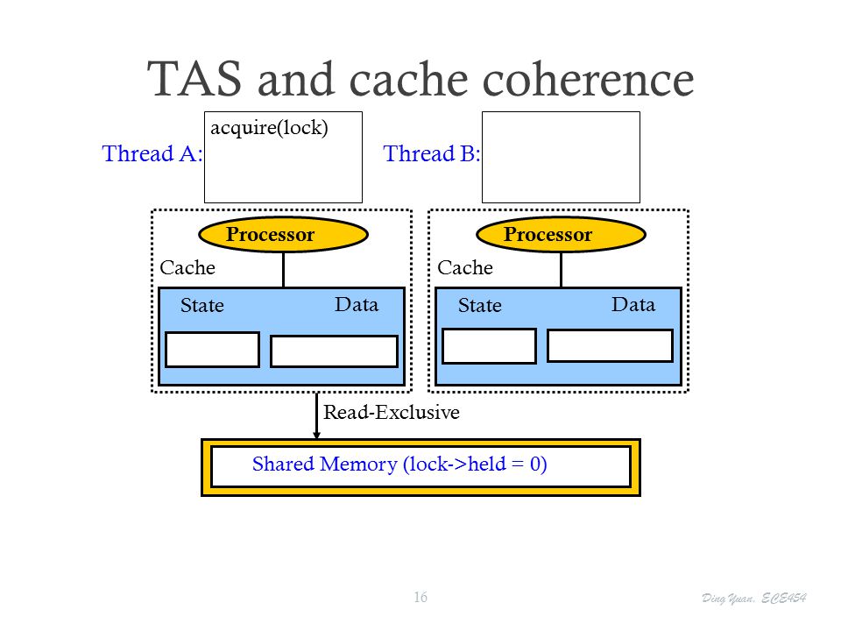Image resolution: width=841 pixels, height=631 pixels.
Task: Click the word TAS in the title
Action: point(194,79)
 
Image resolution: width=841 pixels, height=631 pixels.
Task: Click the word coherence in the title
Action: point(589,79)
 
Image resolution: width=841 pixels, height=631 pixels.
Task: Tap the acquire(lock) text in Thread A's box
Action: point(269,128)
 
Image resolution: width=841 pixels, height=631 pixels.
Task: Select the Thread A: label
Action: point(152,153)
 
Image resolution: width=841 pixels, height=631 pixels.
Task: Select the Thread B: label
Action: point(431,153)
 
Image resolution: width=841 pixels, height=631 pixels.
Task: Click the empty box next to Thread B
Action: point(561,157)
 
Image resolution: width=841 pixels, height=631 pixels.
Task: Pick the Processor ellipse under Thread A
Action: point(283,235)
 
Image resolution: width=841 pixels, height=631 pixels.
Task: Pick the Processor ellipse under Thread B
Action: point(561,235)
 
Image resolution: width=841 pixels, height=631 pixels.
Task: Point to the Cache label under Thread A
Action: point(187,267)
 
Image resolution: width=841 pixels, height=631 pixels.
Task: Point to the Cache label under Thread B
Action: point(465,267)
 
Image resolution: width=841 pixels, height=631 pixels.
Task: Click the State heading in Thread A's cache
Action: point(202,305)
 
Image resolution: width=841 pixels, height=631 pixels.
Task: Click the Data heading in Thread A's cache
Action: point(357,304)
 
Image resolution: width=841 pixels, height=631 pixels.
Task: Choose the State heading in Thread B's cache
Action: point(480,305)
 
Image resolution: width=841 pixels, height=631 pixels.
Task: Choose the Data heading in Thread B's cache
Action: point(633,304)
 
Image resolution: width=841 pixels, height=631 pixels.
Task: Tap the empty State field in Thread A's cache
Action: point(212,350)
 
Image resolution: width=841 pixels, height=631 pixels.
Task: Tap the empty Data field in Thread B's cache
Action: point(611,346)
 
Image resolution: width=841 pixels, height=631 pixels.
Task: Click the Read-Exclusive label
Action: point(392,412)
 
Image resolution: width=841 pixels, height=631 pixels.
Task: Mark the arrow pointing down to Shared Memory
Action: point(316,415)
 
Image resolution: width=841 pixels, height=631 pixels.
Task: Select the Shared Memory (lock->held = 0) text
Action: point(399,464)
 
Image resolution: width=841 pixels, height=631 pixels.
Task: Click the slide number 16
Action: point(420,597)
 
